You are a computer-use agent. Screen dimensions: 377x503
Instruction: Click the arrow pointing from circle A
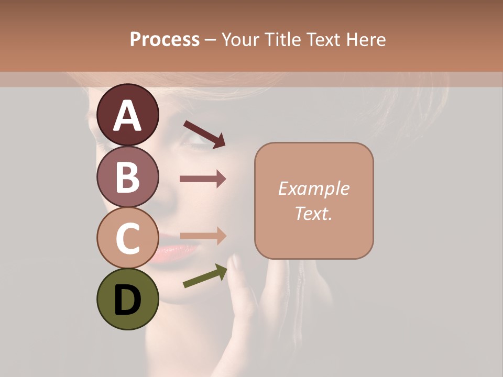pos(204,134)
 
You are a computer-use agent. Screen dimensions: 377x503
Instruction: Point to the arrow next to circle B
pos(203,179)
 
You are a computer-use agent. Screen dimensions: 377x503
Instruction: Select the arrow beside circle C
pos(203,236)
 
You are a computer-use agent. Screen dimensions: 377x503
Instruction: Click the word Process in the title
pos(165,39)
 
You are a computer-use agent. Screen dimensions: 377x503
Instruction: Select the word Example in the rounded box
pos(313,188)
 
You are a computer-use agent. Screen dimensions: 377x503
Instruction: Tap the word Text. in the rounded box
pos(313,213)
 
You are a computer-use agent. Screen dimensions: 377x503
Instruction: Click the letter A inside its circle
pos(127,115)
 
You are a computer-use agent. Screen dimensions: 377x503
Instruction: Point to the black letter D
pos(127,301)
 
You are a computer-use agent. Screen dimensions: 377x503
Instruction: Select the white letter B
pos(127,176)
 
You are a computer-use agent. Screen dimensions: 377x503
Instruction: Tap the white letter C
pos(127,238)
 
